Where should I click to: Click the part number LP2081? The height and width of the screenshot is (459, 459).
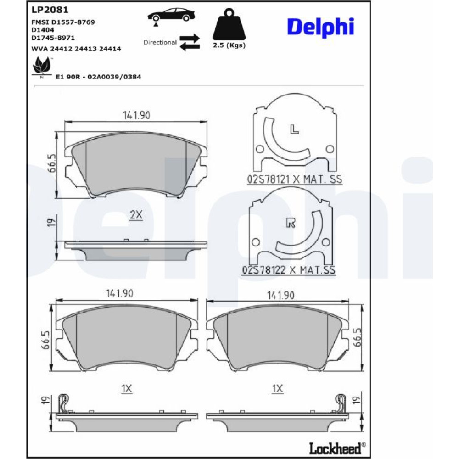(50, 10)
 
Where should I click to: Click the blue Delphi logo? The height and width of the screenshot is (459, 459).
(320, 27)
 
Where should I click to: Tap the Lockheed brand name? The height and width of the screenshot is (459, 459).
(335, 448)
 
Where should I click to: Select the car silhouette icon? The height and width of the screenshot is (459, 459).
(171, 16)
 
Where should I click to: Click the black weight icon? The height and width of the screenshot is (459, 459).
(229, 24)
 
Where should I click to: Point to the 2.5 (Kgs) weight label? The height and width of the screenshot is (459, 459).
(229, 45)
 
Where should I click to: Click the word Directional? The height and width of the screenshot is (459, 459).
(160, 42)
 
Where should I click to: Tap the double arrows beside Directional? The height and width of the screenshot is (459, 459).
(190, 42)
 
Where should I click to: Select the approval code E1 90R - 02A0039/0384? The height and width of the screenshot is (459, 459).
(98, 77)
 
